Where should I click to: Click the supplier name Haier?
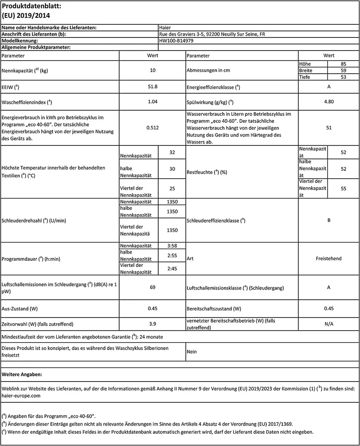coord(165,28)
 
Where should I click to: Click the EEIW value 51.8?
coord(152,87)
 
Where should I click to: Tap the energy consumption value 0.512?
coord(152,128)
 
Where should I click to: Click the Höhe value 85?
coord(343,64)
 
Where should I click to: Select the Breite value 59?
coord(343,71)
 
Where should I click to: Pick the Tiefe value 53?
coord(343,77)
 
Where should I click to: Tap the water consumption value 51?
coord(329,128)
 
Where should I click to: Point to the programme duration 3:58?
coord(172,246)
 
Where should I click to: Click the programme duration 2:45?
coord(172,268)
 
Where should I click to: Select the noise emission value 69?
coord(152,287)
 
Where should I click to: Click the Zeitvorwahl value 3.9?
coord(152,324)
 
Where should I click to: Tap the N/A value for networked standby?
coord(329,324)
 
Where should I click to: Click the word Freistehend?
coord(329,258)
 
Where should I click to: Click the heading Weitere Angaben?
coord(22,374)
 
